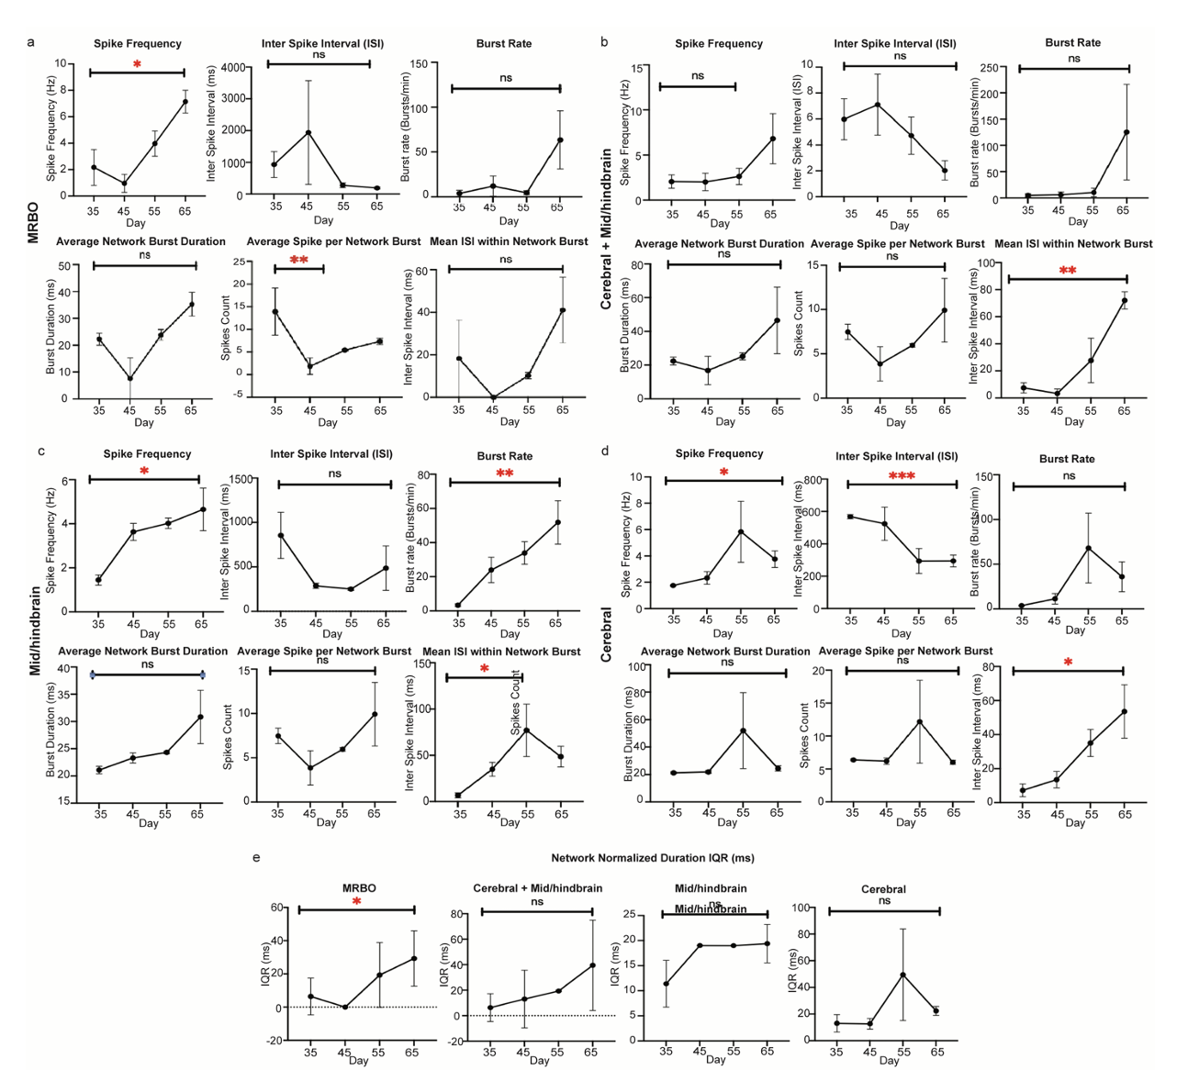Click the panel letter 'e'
[256, 857]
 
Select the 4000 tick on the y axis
[234, 68]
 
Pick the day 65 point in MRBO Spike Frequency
[185, 102]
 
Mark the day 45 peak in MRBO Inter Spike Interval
[308, 132]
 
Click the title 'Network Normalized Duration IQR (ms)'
[652, 858]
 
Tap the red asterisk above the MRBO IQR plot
[356, 903]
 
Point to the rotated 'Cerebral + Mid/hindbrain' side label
[606, 230]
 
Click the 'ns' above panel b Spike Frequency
[698, 76]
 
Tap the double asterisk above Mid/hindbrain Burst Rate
[504, 474]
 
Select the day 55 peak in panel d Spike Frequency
[740, 531]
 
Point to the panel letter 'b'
[603, 41]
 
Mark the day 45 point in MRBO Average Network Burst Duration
[130, 378]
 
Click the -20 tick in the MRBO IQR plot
[273, 1040]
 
